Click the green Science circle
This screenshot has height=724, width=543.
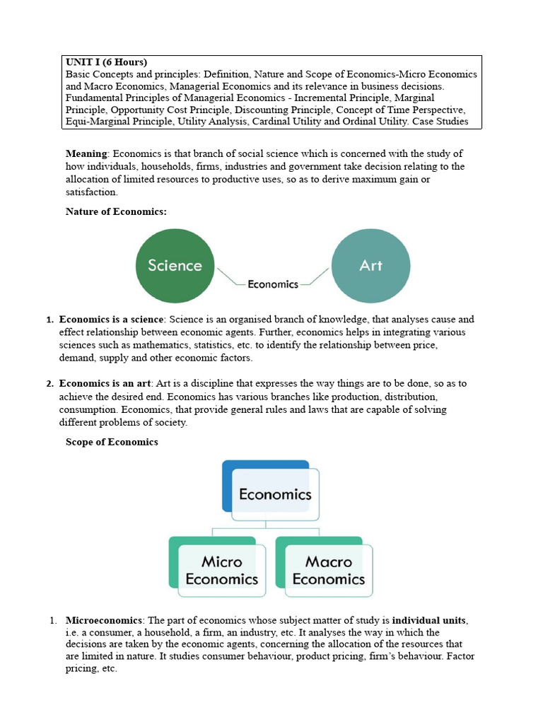(175, 266)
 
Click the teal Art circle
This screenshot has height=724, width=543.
(370, 266)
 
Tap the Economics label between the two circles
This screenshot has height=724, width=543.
(273, 284)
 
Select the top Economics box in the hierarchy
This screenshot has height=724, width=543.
(274, 494)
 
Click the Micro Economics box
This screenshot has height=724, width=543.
(221, 570)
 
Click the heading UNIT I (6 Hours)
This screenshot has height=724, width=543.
(106, 62)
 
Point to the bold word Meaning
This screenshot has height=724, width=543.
(86, 154)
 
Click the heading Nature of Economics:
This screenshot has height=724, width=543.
(116, 211)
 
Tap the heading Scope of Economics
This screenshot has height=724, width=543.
(112, 442)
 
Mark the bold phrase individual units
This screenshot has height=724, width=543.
(430, 620)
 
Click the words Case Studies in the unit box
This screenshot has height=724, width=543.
(439, 122)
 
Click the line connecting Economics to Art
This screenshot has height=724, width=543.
(316, 276)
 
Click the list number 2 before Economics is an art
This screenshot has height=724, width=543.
(49, 384)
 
